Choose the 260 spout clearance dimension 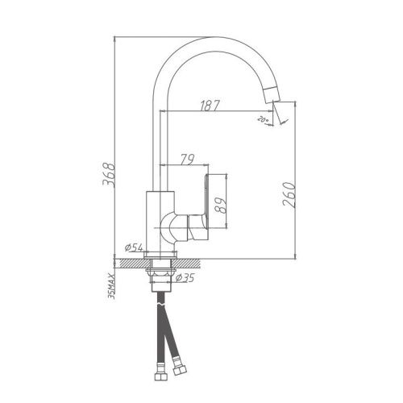coord(290,194)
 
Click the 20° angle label coord(262,120)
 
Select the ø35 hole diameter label coord(185,278)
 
